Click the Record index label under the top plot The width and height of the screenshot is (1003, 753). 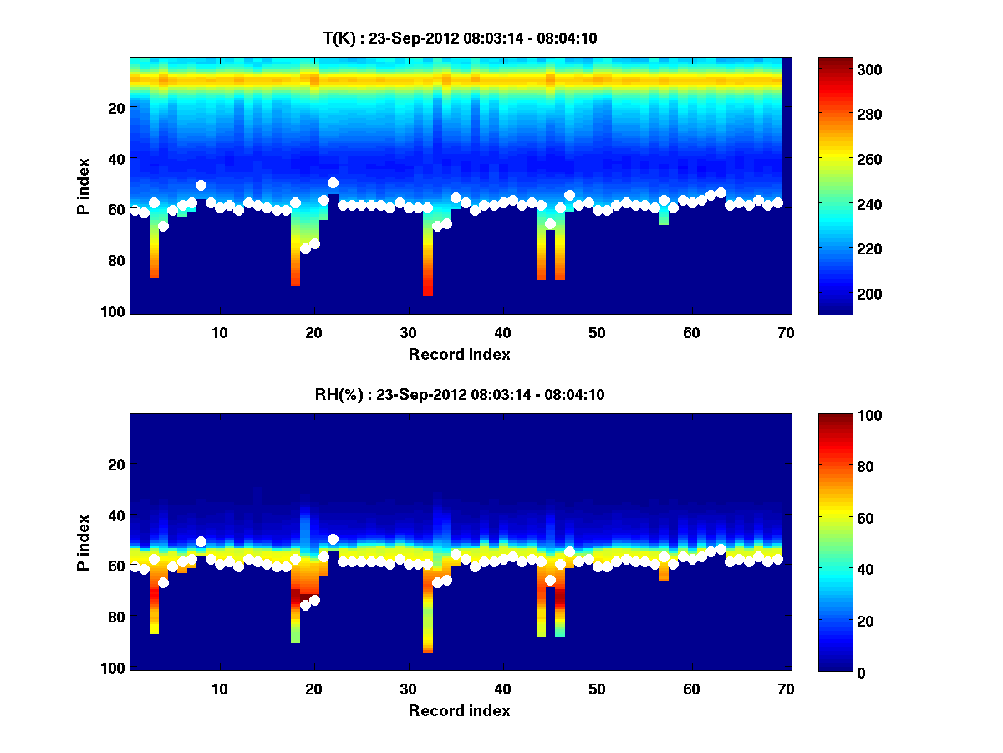(459, 354)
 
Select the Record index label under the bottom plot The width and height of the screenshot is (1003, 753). (459, 710)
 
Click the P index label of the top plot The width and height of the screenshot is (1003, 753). (84, 186)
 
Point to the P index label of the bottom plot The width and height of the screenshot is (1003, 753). (84, 542)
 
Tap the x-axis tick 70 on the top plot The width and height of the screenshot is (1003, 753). (784, 332)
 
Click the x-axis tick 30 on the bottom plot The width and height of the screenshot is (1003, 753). (408, 689)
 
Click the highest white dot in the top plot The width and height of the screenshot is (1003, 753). (333, 182)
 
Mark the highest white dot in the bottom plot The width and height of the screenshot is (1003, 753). (333, 539)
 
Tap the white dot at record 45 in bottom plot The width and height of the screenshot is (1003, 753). (550, 580)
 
